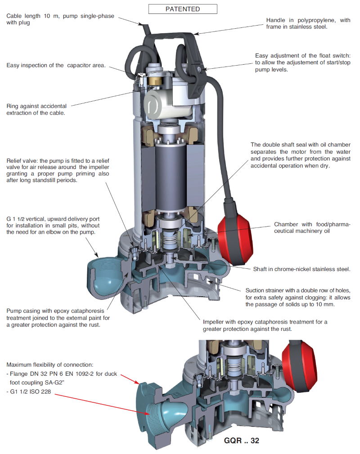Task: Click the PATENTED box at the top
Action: point(182,9)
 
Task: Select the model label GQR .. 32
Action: point(241,441)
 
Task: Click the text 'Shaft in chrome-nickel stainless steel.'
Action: point(302,269)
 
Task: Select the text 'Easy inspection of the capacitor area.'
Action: point(56,66)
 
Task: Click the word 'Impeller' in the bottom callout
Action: point(214,322)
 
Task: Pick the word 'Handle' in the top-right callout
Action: point(277,20)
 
